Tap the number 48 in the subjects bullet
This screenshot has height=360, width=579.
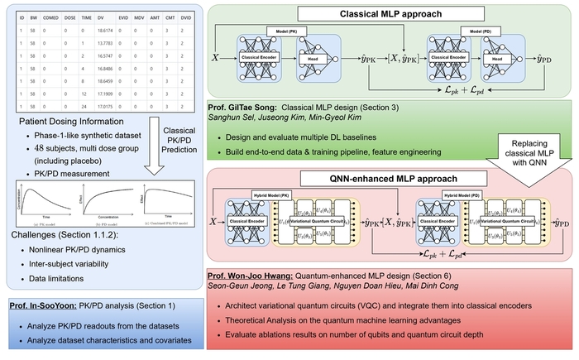(x=37, y=148)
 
